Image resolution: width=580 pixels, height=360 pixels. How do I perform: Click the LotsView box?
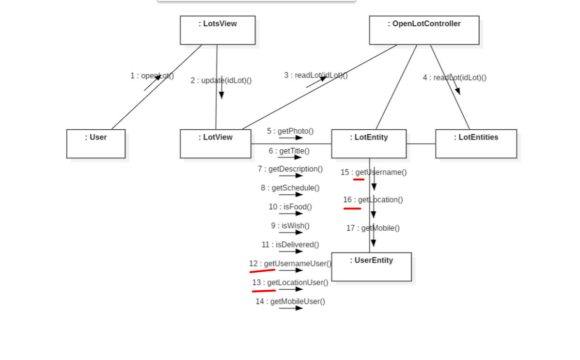point(218,30)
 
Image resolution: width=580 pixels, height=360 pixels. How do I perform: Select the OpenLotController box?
point(424,30)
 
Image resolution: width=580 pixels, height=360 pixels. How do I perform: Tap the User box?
point(96,143)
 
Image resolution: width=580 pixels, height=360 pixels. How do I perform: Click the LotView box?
point(216,143)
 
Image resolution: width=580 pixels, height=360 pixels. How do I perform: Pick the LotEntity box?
point(369,143)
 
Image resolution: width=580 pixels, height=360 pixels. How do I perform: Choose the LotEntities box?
point(476,143)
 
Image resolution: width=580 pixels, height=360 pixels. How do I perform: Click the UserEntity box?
point(371,266)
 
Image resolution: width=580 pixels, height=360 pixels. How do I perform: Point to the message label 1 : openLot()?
point(152,76)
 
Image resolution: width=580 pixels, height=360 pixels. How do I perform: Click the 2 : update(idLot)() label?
point(221,80)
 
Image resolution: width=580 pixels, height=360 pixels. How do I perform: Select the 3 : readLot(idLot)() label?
point(316,75)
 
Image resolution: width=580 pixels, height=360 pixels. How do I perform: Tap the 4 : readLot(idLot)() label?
point(455,78)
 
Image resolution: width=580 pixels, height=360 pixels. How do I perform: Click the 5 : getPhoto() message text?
point(290,131)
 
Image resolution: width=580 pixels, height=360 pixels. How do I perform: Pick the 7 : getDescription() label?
point(290,169)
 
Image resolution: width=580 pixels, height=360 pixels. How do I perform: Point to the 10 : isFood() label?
point(290,207)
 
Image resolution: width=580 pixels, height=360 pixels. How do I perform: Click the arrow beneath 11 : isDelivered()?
point(291,251)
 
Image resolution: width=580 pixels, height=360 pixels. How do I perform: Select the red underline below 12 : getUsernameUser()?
point(262,271)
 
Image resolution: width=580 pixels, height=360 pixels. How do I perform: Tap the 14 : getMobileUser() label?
point(290,301)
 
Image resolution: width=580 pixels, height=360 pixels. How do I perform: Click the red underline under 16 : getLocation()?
point(352,208)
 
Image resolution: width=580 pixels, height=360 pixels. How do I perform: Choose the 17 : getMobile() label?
point(373,228)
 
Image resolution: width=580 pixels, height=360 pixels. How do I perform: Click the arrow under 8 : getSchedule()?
point(291,195)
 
